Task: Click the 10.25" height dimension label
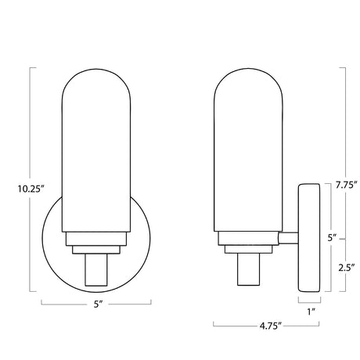tap(30, 189)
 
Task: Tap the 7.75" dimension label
tap(346, 185)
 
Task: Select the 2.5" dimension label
tap(347, 268)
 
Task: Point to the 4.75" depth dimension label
tap(270, 326)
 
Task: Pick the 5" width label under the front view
tap(98, 304)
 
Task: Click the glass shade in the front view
tap(96, 150)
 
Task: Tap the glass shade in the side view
tap(248, 150)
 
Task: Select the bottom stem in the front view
tap(96, 269)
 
